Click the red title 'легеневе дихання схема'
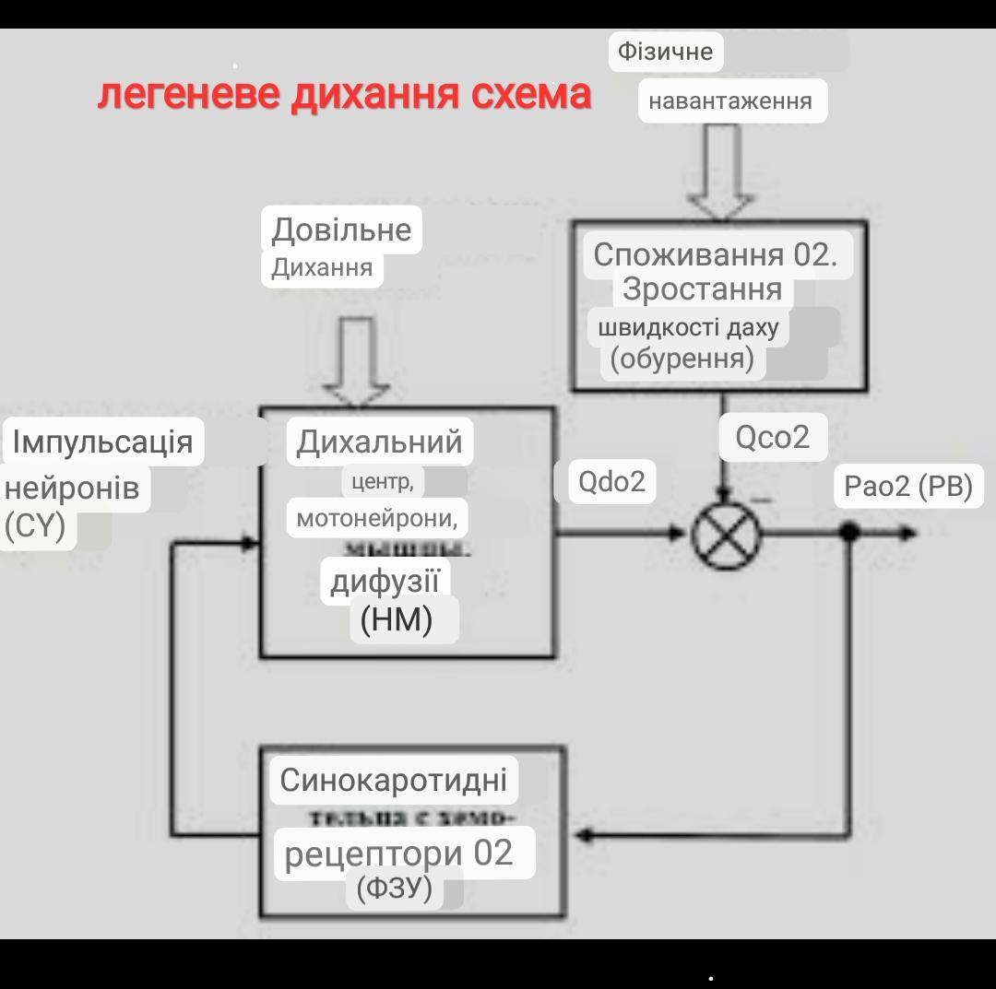coord(343,95)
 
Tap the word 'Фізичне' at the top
coord(665,52)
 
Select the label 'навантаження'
coord(730,101)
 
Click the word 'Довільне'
coord(341,229)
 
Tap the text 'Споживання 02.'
coord(716,254)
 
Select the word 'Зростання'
coord(703,288)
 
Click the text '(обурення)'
coord(682,358)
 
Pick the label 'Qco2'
coord(772,436)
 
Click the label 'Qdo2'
coord(611,481)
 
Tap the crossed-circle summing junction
coord(727,533)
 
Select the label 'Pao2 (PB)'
coord(908,486)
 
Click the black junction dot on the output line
coord(850,532)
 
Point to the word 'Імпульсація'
coord(103,442)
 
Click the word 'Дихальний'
coord(379,442)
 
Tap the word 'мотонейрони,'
coord(377,518)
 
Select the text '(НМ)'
coord(397,619)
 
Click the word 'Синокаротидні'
coord(394,780)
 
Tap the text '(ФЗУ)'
coord(394,889)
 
